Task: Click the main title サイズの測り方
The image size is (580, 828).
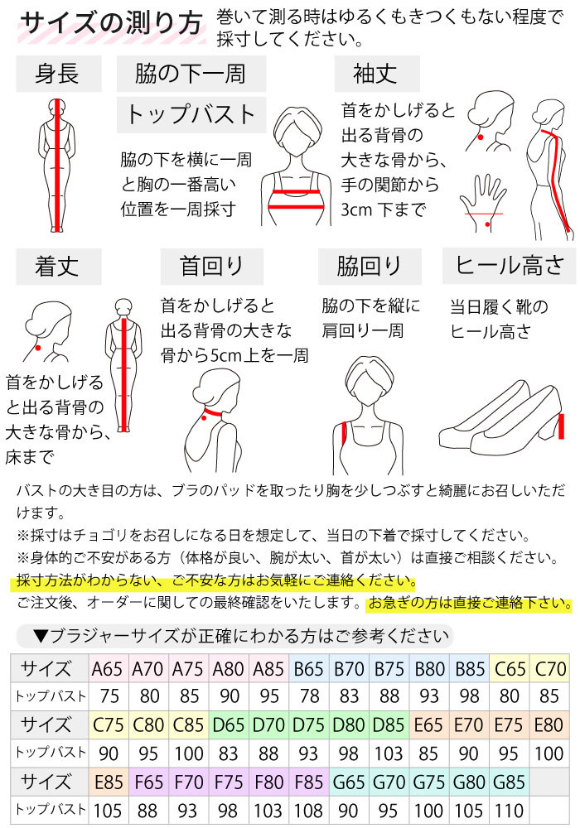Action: point(112,24)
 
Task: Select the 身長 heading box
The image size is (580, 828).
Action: point(57,74)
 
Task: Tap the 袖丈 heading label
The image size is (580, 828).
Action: point(377,74)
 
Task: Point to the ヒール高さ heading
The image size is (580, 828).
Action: point(510,265)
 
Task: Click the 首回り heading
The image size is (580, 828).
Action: point(212,267)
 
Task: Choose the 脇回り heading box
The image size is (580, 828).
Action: point(369,267)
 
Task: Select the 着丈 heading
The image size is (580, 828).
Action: point(57,267)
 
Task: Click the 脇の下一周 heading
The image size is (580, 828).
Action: point(191,74)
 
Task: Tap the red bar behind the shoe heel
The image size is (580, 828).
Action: point(562,426)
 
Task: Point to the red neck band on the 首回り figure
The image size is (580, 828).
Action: point(212,412)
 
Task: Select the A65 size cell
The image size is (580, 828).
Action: point(109,669)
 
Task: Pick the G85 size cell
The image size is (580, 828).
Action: point(508,782)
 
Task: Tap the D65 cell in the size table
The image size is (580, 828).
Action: point(229,725)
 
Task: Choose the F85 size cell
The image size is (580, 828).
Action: point(309,782)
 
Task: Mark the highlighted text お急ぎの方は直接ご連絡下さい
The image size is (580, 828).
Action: point(470,603)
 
